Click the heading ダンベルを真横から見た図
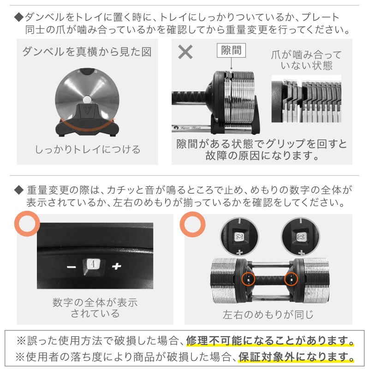point(87,51)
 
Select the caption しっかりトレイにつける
point(88,149)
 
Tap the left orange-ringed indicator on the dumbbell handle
point(248,279)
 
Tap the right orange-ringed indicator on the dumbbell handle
point(292,279)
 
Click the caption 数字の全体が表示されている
point(95,308)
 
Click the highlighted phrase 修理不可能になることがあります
point(270,341)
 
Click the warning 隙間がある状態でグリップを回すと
point(262,144)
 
